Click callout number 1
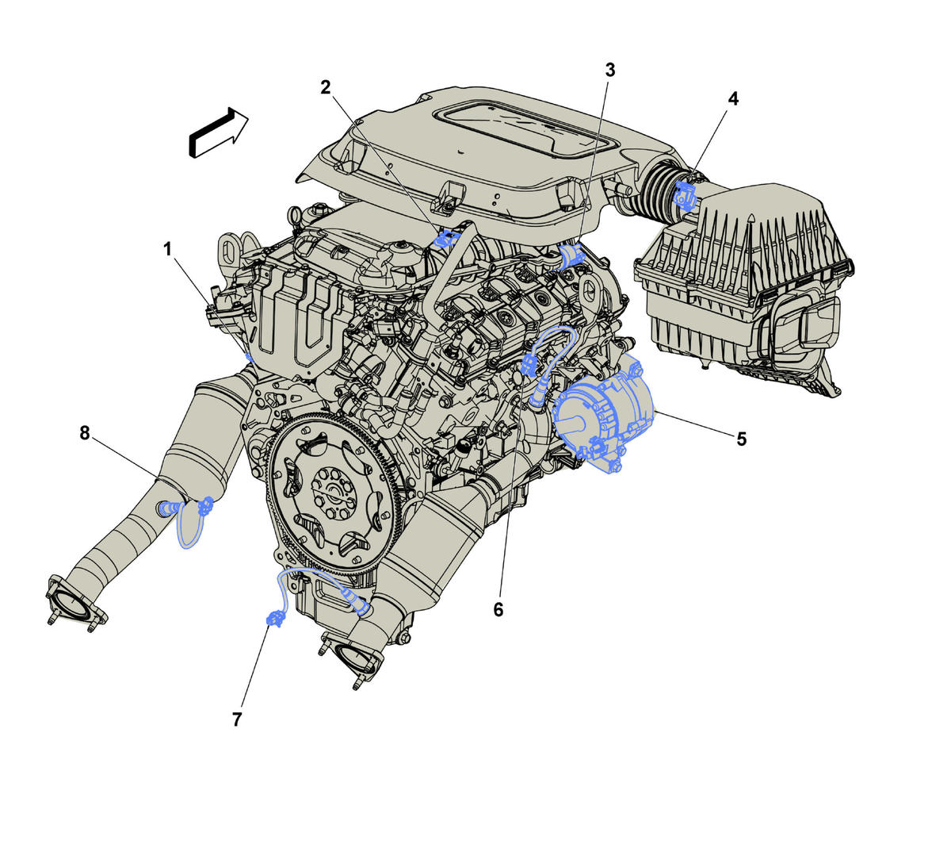click(167, 249)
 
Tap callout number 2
click(325, 87)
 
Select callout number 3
click(609, 70)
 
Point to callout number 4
click(733, 99)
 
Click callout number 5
click(741, 439)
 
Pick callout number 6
click(498, 609)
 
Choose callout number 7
click(237, 719)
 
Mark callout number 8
click(85, 433)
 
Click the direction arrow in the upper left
click(218, 132)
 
